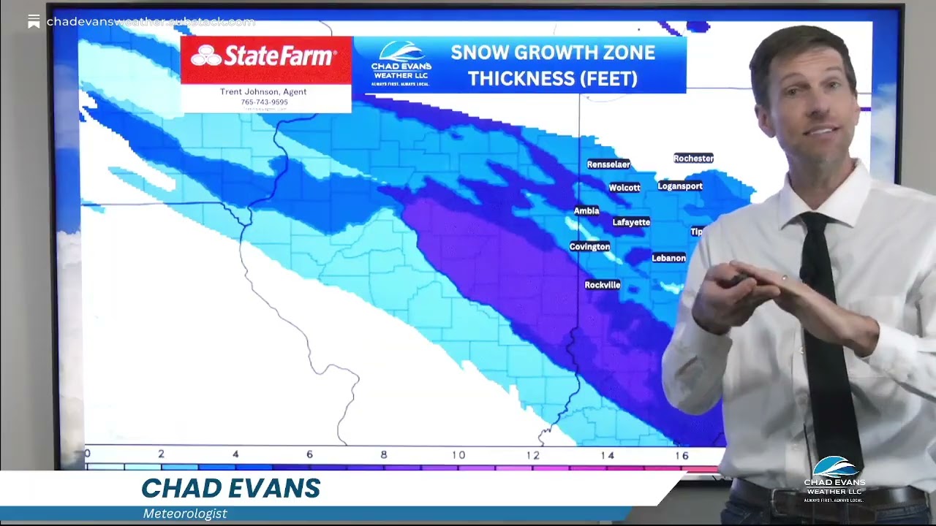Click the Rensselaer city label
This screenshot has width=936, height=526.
tap(608, 164)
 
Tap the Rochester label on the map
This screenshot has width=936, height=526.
tap(693, 159)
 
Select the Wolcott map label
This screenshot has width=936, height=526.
tap(624, 188)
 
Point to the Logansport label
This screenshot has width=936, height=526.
tap(680, 186)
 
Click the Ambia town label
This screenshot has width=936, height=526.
tap(586, 211)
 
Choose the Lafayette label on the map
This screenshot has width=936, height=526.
tap(631, 222)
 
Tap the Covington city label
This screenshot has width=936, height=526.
tap(589, 247)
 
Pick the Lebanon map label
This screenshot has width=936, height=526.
tap(668, 258)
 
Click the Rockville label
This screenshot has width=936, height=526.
tap(603, 285)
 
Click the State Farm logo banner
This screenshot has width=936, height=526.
tap(265, 57)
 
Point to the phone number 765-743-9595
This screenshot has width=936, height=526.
tap(264, 102)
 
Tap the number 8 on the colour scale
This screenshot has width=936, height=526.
tap(384, 455)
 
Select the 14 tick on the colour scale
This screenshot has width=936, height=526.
tap(607, 455)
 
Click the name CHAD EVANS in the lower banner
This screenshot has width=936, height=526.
tap(231, 489)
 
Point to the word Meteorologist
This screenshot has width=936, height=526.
tap(185, 514)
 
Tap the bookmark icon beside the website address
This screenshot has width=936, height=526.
tap(34, 22)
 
